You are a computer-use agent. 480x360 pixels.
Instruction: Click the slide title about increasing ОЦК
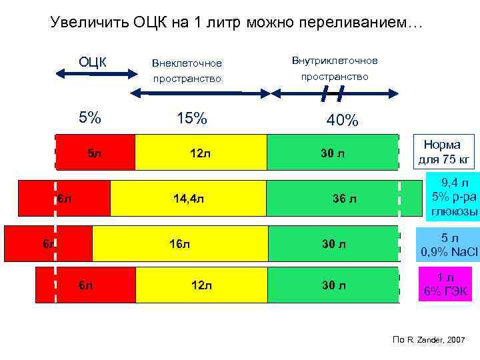click(x=237, y=23)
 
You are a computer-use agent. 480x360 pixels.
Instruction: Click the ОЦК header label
click(x=93, y=62)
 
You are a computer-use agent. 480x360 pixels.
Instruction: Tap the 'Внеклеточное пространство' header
click(x=187, y=71)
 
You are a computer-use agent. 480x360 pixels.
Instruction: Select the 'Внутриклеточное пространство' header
click(x=335, y=69)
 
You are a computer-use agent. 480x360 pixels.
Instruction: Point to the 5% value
click(x=90, y=118)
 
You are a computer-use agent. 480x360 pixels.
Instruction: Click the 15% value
click(x=192, y=119)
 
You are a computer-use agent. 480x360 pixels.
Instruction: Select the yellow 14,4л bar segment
click(x=188, y=199)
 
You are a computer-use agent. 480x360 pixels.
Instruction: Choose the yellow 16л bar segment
click(x=180, y=243)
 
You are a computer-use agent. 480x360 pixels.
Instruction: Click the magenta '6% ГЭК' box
click(x=442, y=285)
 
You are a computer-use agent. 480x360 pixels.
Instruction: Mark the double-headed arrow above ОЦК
click(x=93, y=75)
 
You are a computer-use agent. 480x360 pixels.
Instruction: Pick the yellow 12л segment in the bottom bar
click(x=201, y=285)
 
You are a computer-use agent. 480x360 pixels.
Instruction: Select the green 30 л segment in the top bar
click(x=332, y=154)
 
